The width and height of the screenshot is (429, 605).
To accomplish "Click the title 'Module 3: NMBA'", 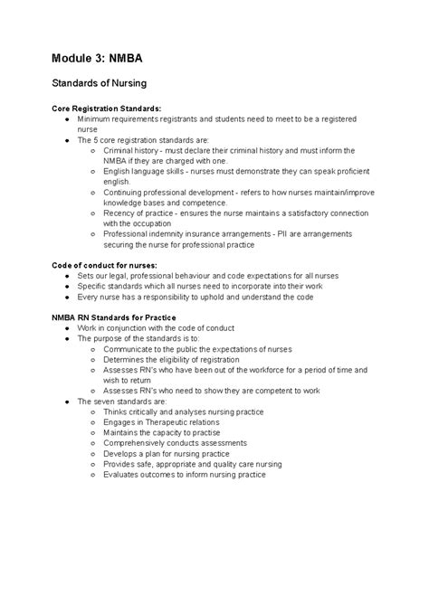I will [x=98, y=61].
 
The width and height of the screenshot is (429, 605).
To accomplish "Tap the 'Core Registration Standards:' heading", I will [x=107, y=109].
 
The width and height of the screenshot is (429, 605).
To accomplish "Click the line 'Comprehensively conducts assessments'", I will [x=175, y=443].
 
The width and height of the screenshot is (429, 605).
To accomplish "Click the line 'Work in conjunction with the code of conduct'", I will [x=156, y=327].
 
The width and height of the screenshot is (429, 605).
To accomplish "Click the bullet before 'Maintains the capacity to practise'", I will [x=93, y=432].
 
